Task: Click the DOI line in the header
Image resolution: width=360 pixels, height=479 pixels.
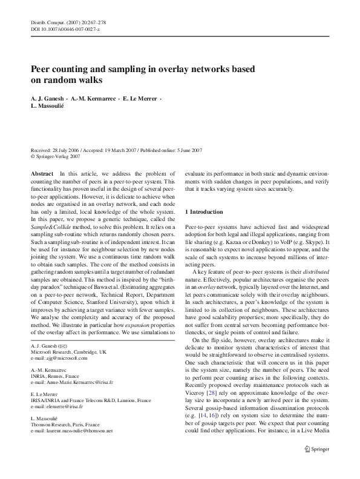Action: (x=65, y=28)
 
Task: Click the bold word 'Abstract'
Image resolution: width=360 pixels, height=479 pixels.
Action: (x=41, y=173)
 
